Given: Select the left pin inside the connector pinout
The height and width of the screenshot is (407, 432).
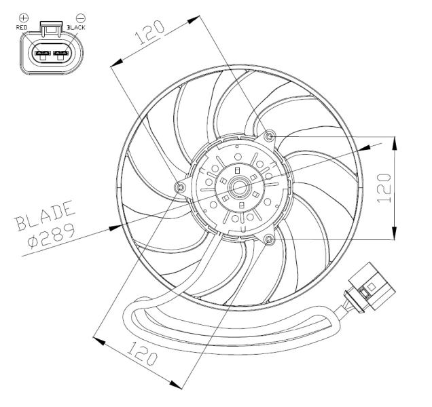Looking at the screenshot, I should click(42, 53).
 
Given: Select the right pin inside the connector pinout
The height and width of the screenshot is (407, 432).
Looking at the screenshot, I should click(62, 53).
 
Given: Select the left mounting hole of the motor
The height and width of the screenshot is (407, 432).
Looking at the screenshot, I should click(181, 187).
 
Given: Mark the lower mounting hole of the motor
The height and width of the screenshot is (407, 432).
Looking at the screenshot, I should click(270, 239).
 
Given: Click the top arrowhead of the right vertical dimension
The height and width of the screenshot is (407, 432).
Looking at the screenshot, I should click(393, 141).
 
